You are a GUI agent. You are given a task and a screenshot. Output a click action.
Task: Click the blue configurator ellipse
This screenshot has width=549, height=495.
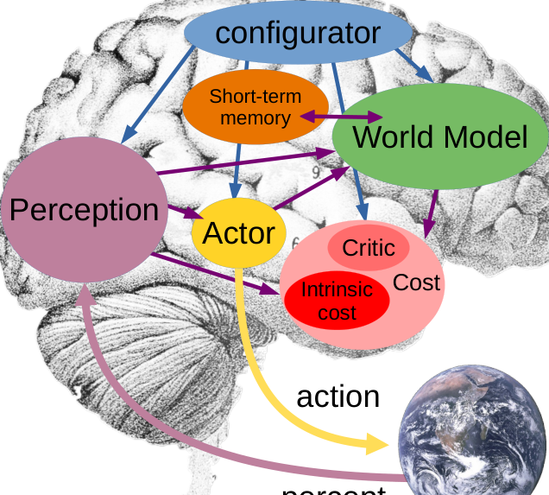[x=298, y=34]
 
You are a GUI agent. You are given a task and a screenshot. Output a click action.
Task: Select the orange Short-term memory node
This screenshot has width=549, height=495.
[x=255, y=106]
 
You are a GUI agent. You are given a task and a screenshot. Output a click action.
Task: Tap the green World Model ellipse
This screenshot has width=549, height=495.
[x=440, y=136]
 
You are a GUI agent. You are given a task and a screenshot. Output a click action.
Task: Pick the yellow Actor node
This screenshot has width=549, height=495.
[x=238, y=233]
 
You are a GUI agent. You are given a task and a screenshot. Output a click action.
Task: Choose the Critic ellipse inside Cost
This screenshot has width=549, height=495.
[x=369, y=249]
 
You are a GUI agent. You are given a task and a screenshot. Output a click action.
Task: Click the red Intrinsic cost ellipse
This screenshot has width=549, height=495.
[x=337, y=301]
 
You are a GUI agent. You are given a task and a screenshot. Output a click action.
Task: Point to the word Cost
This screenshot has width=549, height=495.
[x=417, y=282]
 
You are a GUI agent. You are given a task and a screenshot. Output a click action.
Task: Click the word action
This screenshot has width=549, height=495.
[x=338, y=396]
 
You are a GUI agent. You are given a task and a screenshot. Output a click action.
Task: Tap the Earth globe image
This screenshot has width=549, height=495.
[x=473, y=430]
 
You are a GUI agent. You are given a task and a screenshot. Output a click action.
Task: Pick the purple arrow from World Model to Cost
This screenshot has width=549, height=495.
[x=431, y=213]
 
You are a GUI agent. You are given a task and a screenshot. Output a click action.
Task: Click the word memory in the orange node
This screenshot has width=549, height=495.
[x=256, y=117]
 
